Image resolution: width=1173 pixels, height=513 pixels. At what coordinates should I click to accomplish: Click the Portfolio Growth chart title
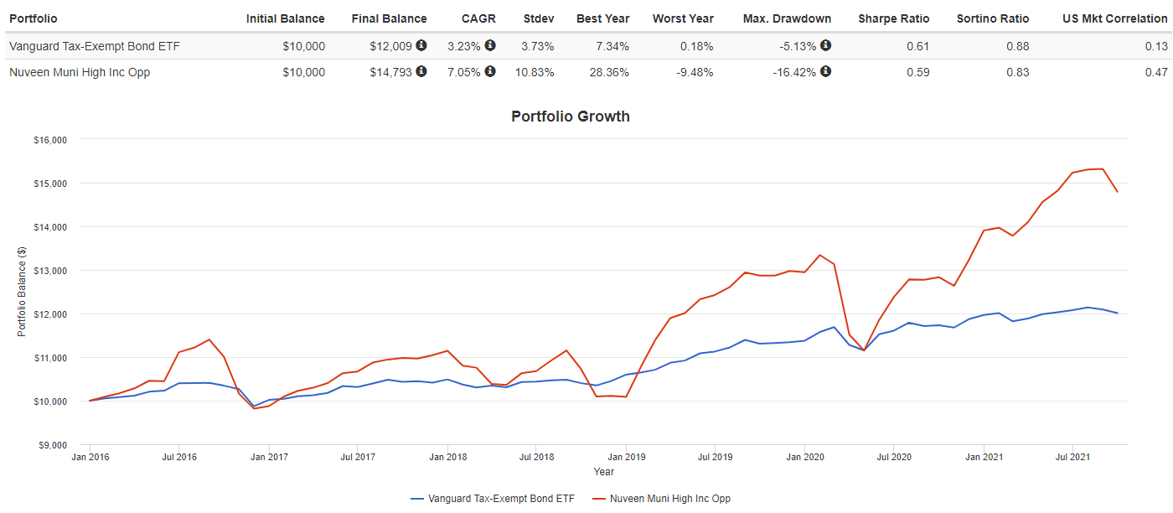coord(570,117)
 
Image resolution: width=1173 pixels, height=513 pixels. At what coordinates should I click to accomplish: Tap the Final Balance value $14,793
coord(390,72)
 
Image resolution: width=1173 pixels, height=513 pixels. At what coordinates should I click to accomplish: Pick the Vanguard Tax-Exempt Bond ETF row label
coord(94,45)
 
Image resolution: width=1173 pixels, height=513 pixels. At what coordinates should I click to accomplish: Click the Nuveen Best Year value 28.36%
coord(609,72)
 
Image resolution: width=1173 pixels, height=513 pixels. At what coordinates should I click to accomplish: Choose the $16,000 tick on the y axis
coord(49,140)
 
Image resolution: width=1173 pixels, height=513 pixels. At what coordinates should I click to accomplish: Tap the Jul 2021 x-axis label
coord(1072,458)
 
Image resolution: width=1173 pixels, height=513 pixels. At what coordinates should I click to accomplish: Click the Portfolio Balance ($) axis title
coord(22,293)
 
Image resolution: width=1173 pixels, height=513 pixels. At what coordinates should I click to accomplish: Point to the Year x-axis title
coord(603,472)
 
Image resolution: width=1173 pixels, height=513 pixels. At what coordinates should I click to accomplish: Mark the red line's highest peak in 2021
coord(1102,168)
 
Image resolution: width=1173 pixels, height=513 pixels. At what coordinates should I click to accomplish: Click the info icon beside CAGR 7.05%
coord(490,71)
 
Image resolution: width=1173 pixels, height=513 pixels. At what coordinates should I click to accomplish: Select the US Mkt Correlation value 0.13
coord(1155,45)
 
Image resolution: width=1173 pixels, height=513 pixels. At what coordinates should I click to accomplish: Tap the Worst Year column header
coord(683,18)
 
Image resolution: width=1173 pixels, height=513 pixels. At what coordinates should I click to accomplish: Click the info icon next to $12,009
coord(421,44)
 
